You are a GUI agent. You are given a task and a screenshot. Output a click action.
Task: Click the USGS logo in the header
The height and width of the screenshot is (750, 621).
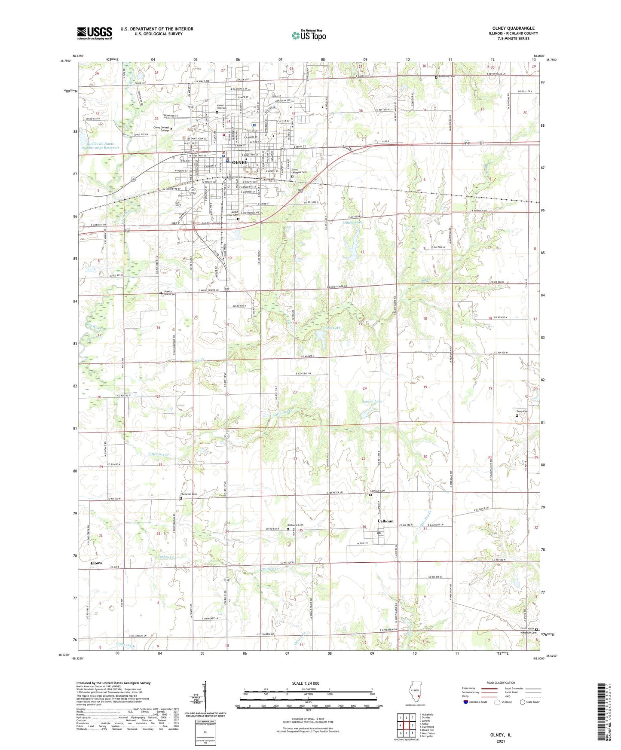click(x=95, y=33)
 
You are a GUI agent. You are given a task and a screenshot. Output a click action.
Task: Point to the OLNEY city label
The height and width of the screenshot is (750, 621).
click(x=239, y=163)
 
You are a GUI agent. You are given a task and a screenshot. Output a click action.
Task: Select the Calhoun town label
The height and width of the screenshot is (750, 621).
click(x=385, y=521)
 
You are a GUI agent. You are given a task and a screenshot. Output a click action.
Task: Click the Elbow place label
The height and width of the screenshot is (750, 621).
click(x=96, y=563)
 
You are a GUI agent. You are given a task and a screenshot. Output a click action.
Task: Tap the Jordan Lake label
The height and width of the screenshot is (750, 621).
click(x=372, y=402)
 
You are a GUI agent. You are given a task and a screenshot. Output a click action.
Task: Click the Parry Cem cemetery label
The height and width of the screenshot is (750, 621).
click(x=522, y=412)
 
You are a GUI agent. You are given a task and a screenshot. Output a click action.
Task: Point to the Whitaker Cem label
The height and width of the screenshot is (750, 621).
click(x=528, y=633)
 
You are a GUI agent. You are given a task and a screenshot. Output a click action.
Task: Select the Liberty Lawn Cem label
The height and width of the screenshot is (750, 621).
click(x=169, y=293)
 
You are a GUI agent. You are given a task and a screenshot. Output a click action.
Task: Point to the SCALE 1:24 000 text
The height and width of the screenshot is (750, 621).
click(x=305, y=683)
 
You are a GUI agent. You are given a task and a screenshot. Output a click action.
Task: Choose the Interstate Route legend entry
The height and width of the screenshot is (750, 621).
click(x=475, y=702)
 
